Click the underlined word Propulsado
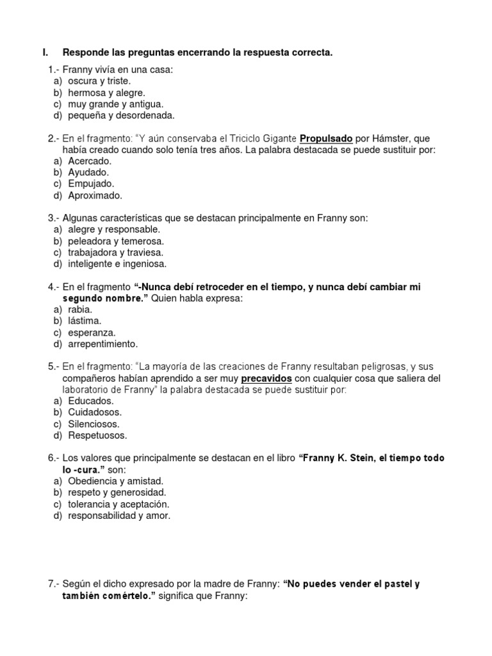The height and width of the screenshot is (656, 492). (326, 138)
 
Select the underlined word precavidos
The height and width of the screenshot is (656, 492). (266, 379)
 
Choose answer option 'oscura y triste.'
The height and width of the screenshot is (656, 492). (99, 81)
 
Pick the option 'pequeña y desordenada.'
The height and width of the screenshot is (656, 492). (121, 115)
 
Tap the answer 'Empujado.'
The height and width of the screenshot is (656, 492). (92, 184)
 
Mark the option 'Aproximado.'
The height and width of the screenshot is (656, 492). (95, 195)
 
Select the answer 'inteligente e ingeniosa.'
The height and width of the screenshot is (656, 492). (117, 264)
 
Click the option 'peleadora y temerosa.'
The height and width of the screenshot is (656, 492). (116, 241)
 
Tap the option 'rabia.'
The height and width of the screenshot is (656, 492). (80, 309)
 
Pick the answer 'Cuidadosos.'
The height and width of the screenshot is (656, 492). (95, 413)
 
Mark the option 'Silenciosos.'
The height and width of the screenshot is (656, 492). (94, 424)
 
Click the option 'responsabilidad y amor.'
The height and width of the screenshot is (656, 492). (119, 516)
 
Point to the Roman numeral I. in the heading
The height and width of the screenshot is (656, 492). (45, 53)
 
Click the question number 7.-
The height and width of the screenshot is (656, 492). (54, 584)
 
